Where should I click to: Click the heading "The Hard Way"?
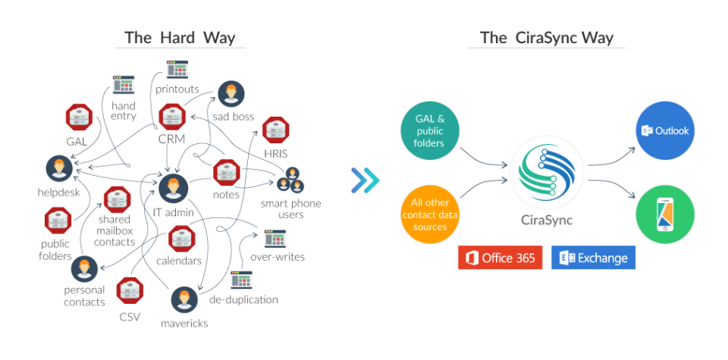180,37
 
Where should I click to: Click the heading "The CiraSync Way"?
547,37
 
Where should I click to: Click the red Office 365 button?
500,258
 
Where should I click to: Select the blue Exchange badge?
593,258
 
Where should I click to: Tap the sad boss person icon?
231,94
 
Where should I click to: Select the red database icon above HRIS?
276,130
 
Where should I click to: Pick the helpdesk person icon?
57,169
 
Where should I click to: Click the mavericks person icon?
182,300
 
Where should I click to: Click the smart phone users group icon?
289,184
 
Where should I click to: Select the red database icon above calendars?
180,239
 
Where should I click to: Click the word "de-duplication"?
243,299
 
